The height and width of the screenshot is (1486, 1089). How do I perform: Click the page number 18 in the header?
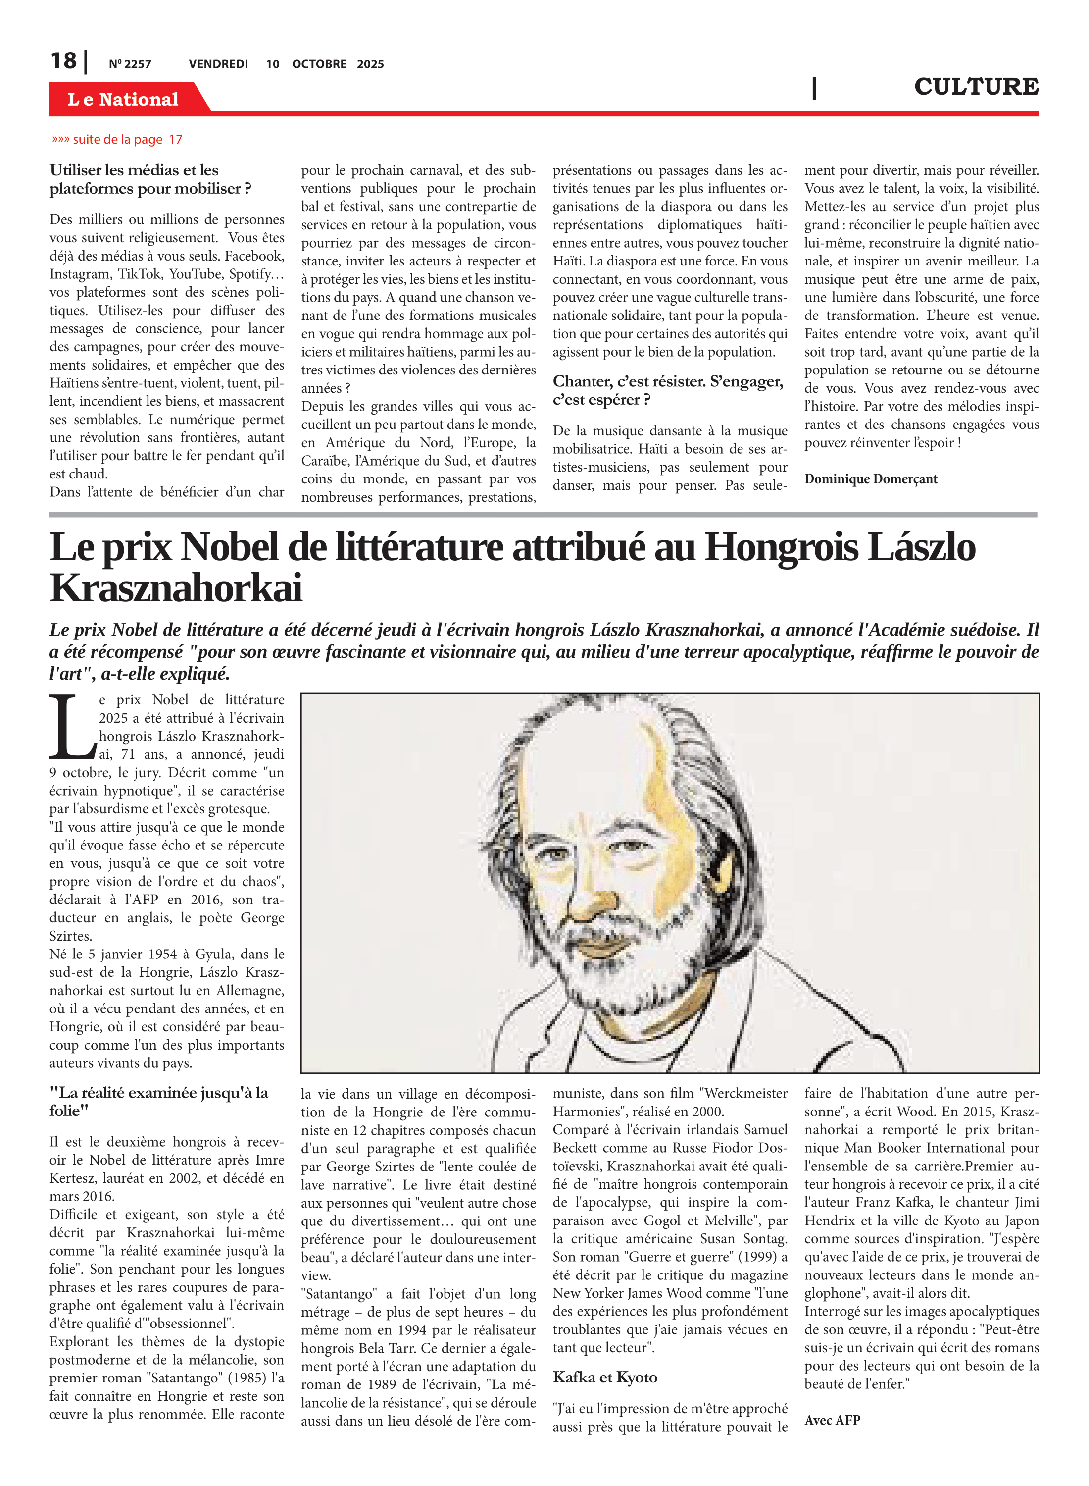point(63,61)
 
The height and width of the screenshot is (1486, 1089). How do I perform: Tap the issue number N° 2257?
point(130,64)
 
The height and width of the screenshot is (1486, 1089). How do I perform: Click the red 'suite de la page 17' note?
point(117,140)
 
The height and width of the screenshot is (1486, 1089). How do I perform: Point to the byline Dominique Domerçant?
point(870,479)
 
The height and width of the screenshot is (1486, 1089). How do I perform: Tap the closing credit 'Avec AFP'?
point(832,1420)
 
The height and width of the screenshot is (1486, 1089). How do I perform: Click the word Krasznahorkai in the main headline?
point(176,587)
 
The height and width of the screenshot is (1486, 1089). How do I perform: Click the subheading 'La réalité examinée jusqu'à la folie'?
point(159,1102)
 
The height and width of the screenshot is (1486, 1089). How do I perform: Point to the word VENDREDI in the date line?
point(218,64)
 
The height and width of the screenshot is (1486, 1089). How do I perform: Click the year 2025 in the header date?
point(370,64)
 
